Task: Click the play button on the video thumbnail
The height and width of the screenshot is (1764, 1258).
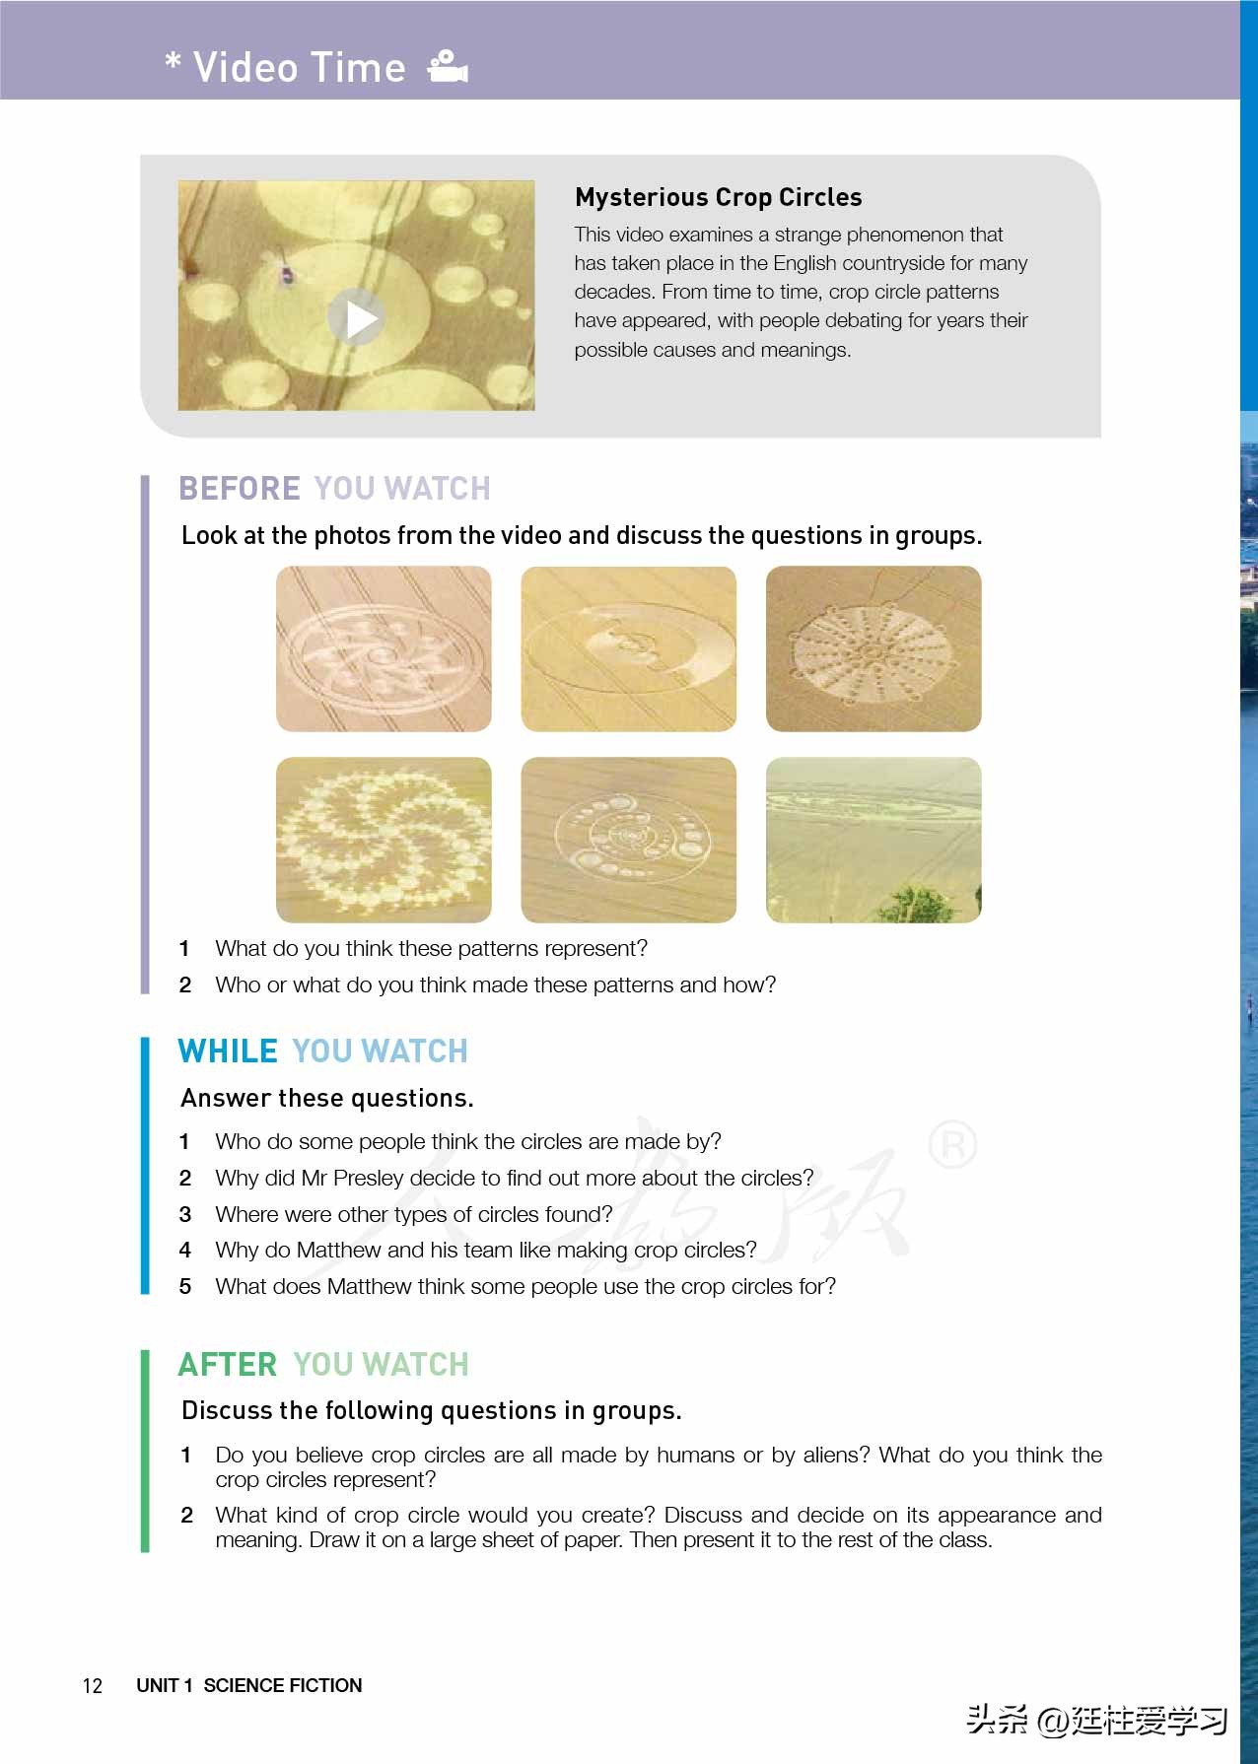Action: click(x=357, y=317)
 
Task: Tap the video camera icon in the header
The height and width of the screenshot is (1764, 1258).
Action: click(x=448, y=66)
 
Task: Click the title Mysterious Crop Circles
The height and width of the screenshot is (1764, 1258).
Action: click(x=718, y=197)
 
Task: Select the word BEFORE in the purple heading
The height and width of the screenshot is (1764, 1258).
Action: click(x=240, y=488)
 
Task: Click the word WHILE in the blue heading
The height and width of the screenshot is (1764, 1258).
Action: click(x=228, y=1051)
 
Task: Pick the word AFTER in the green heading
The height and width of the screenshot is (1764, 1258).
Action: click(x=228, y=1364)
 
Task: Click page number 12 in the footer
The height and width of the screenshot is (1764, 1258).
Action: click(x=93, y=1685)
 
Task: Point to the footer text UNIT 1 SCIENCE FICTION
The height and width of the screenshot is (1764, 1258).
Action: click(x=249, y=1685)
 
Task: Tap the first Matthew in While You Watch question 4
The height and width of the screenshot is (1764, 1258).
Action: click(x=338, y=1250)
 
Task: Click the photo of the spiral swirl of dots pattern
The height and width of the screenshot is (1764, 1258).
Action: click(x=384, y=840)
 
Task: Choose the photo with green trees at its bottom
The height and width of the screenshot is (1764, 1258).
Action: click(x=874, y=840)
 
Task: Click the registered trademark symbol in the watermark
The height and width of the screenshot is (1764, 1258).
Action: click(x=952, y=1144)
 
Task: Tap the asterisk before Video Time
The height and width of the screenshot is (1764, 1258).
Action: click(x=174, y=62)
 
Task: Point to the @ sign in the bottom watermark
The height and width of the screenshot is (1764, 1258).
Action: click(x=1052, y=1721)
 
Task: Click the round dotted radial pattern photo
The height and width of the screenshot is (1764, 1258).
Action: click(x=874, y=648)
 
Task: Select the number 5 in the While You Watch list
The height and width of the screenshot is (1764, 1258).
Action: click(x=184, y=1286)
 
